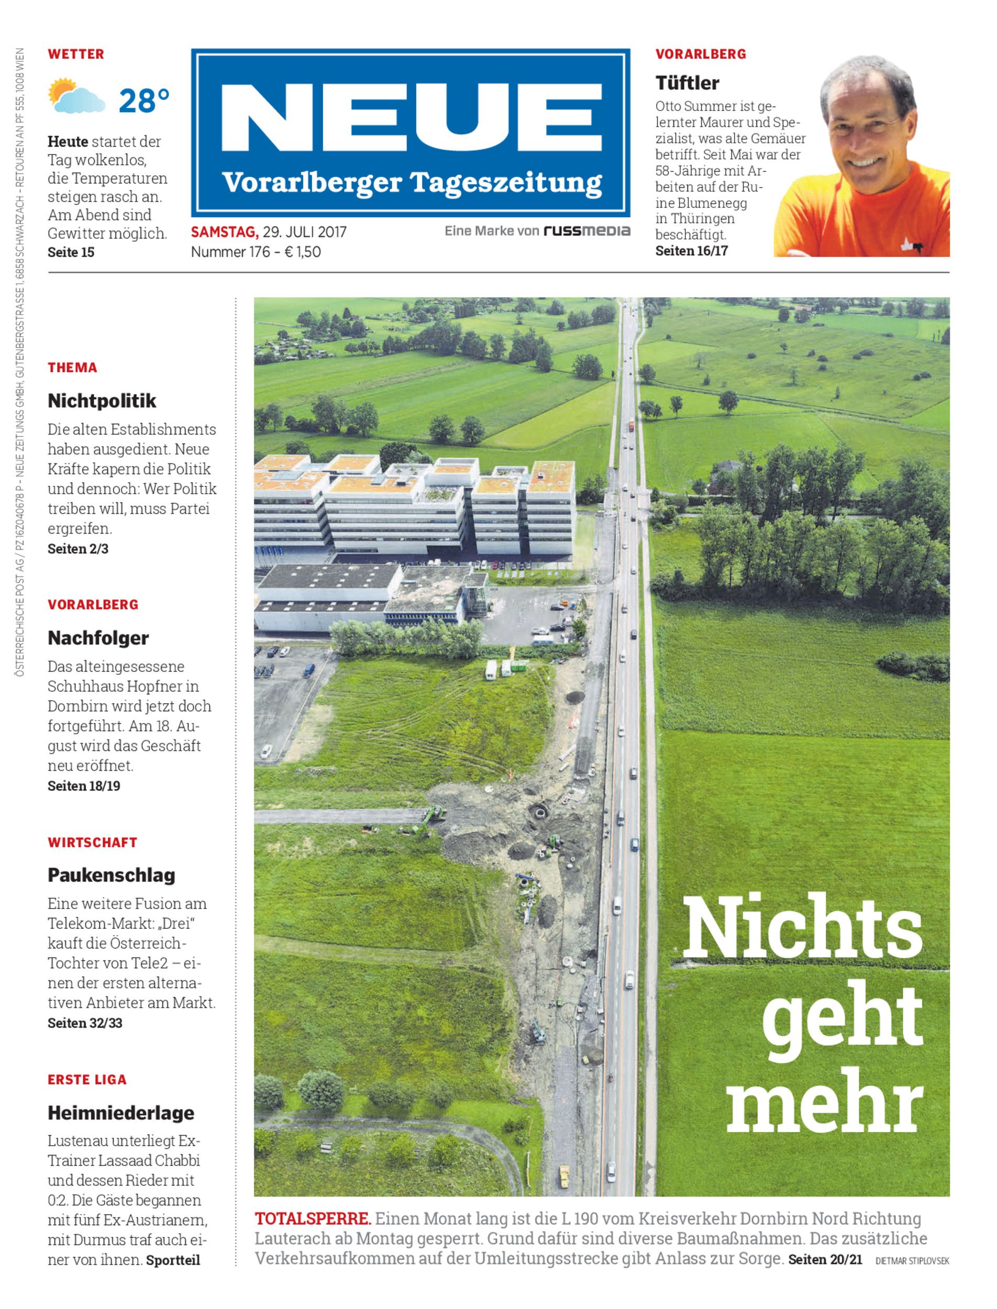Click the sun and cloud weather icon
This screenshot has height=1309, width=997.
point(76,96)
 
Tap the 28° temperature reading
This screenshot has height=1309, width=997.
point(143,101)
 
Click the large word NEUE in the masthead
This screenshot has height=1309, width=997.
point(411,117)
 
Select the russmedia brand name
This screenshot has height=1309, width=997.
point(587,231)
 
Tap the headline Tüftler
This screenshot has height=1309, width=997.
point(687,83)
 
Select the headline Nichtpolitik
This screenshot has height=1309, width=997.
point(102,401)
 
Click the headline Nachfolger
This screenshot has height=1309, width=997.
point(98,638)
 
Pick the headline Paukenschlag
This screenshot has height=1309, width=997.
point(112,874)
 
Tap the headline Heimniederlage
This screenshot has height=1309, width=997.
point(121,1113)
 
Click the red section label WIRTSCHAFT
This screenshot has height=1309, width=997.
point(93,842)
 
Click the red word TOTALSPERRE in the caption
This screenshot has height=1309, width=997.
point(313,1219)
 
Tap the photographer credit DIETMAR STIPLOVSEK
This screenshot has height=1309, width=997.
point(912,1260)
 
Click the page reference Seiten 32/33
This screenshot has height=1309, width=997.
point(85,1023)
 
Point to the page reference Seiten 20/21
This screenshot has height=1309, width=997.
point(825,1258)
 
